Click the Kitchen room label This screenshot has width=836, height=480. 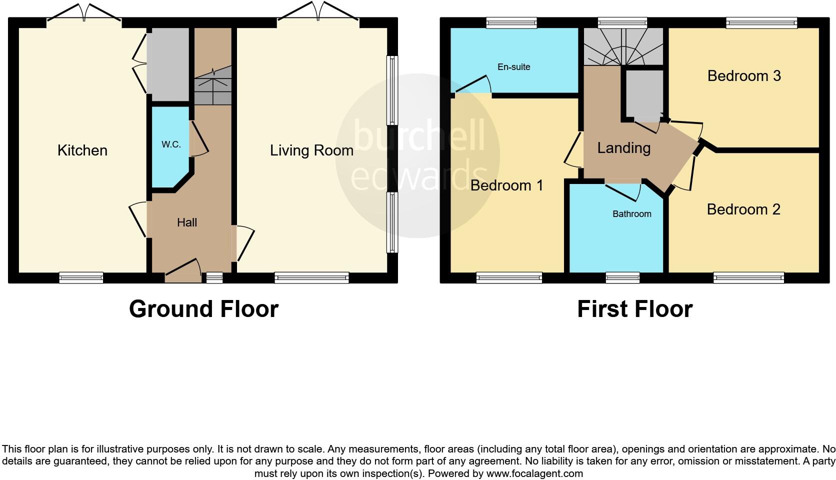pos(82,150)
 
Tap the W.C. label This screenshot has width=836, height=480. pos(171,144)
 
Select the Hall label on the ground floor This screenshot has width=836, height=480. pos(187,222)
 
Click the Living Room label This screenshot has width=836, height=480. pos(311,150)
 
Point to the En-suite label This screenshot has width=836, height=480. pos(513,67)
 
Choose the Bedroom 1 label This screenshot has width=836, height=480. pos(506,185)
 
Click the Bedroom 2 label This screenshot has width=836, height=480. pos(743,209)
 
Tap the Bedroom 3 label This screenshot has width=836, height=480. pos(743,76)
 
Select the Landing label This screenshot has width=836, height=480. pos(623,148)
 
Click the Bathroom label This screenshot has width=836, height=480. pos(631,214)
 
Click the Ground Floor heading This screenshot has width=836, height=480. pos(203,309)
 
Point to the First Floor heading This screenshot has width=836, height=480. pos(634,309)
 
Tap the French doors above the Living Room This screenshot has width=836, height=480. pos(318,13)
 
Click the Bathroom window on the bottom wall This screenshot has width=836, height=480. pos(622,277)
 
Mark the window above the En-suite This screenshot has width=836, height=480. pos(511,22)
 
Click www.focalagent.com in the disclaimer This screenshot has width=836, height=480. pos(534,473)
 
